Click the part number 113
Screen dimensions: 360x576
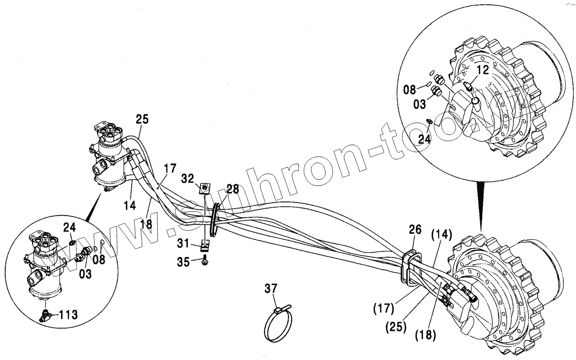(x=68, y=314)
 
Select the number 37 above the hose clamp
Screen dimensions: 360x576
(x=270, y=288)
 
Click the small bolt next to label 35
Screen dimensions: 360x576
(x=204, y=261)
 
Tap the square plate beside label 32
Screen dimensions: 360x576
(x=204, y=188)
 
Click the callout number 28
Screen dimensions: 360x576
(x=233, y=189)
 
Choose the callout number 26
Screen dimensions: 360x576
(x=415, y=229)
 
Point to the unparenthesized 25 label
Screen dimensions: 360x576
(x=142, y=119)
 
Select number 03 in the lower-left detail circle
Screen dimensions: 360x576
(x=85, y=275)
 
